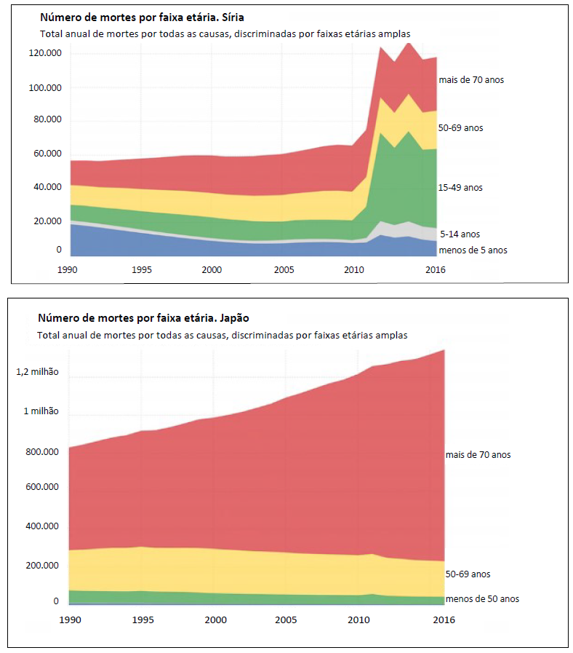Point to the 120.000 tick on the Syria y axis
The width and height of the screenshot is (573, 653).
(x=45, y=54)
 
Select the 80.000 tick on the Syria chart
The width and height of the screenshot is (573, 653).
(x=47, y=120)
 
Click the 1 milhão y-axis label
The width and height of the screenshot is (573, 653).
(x=41, y=411)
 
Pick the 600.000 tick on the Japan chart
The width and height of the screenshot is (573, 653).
(x=41, y=488)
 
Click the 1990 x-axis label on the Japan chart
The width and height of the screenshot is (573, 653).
(x=70, y=620)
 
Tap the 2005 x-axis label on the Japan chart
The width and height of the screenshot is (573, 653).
(x=285, y=620)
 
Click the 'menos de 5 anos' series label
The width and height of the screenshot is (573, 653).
(x=473, y=250)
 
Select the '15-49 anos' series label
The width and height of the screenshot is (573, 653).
(x=460, y=188)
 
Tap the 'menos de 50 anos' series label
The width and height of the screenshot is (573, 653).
(x=483, y=599)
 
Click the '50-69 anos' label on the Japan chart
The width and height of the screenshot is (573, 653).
(x=468, y=574)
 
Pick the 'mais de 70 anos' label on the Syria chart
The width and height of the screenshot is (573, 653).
(x=470, y=80)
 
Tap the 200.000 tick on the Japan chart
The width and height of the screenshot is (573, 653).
(x=41, y=566)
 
